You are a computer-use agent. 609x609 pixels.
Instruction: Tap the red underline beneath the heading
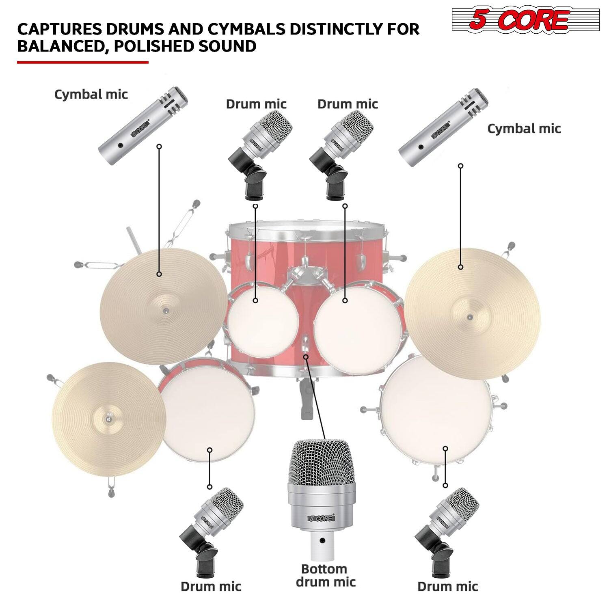click(x=83, y=63)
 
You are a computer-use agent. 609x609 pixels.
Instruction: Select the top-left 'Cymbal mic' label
click(x=91, y=95)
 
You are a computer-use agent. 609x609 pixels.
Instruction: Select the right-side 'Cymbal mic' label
click(x=524, y=129)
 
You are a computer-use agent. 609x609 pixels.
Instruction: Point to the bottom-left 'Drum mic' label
click(x=211, y=586)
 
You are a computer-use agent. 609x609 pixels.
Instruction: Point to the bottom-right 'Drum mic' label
click(x=447, y=586)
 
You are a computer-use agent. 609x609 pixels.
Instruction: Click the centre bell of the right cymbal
click(x=470, y=316)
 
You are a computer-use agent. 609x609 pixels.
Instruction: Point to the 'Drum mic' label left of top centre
click(x=256, y=104)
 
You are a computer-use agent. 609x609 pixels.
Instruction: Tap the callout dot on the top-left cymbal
click(x=160, y=274)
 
